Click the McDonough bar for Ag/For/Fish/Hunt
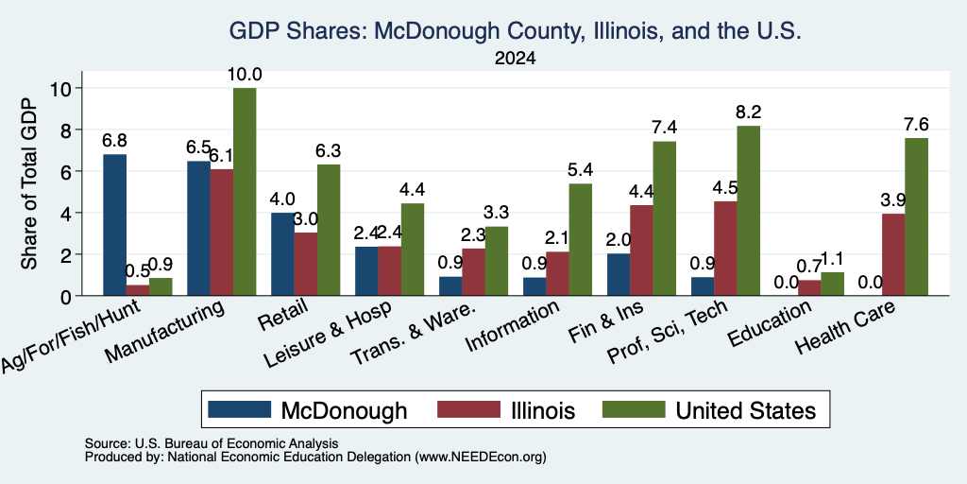coord(114,225)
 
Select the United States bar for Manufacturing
coord(245,192)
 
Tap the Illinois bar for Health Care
coord(893,255)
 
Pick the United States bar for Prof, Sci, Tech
coord(749,211)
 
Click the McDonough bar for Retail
coord(282,254)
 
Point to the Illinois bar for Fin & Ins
coord(641,250)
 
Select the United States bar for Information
coord(581,239)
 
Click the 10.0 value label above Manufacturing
coord(245,75)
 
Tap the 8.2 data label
coord(749,112)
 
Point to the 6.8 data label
coord(114,141)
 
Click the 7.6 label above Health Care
coord(916,124)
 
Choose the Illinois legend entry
coord(506,410)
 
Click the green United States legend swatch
coord(634,409)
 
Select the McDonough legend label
coord(344,410)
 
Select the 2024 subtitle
coord(515,59)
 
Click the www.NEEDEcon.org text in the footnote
coord(481,458)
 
